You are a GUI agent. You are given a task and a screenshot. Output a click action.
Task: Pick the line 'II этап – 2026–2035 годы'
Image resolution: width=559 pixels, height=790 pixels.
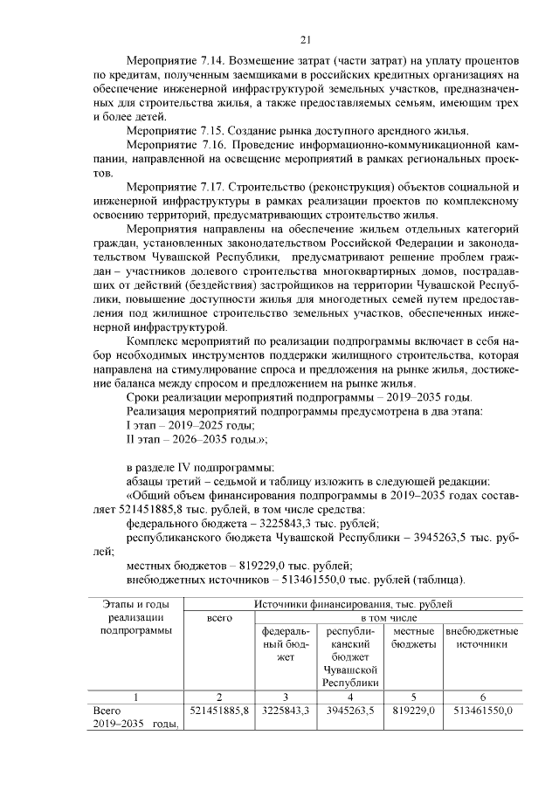[197, 438]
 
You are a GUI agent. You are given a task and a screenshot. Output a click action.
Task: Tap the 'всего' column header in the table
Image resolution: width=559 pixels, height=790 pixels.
[218, 618]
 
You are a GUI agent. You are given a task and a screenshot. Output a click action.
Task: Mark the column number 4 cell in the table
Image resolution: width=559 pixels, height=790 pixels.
[350, 697]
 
